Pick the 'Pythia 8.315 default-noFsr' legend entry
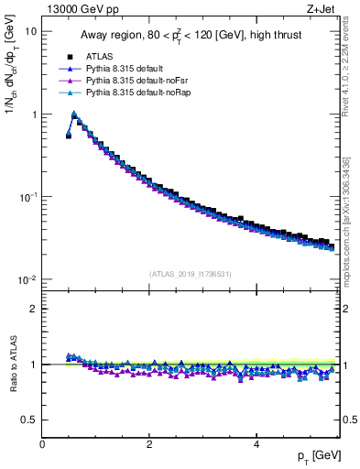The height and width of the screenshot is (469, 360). (x=138, y=81)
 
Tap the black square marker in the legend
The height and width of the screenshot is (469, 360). (x=70, y=57)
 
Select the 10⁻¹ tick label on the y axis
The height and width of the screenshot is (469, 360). (x=28, y=197)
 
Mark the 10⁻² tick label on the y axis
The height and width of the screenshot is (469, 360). (x=28, y=279)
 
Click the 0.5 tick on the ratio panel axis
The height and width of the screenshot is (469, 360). (x=29, y=420)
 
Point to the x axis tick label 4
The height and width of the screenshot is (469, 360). (x=256, y=444)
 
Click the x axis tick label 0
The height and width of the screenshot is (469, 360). (x=42, y=444)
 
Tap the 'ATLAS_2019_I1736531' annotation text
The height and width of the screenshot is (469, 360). (x=191, y=273)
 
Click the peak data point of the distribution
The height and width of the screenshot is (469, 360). (x=74, y=115)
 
